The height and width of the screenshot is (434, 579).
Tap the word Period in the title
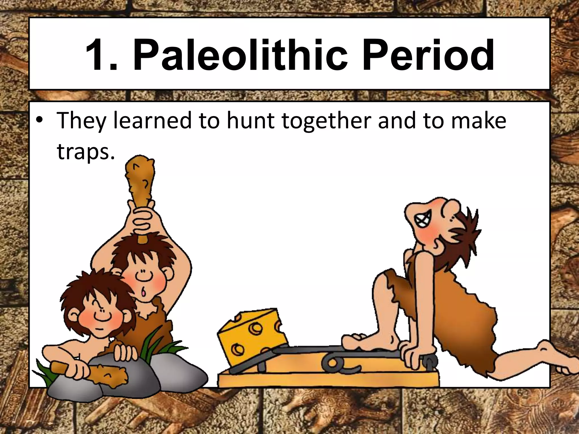[x=428, y=55]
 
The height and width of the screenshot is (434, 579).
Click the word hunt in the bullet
[x=250, y=121]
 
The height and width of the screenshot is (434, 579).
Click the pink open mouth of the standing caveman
[x=144, y=292]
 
